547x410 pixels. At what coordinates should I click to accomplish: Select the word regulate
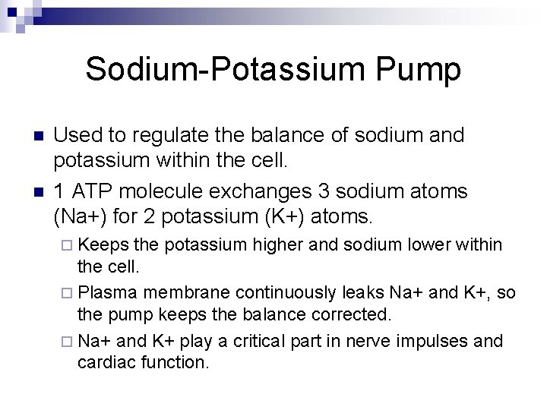click(x=163, y=136)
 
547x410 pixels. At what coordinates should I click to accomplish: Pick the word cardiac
click(x=103, y=362)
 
